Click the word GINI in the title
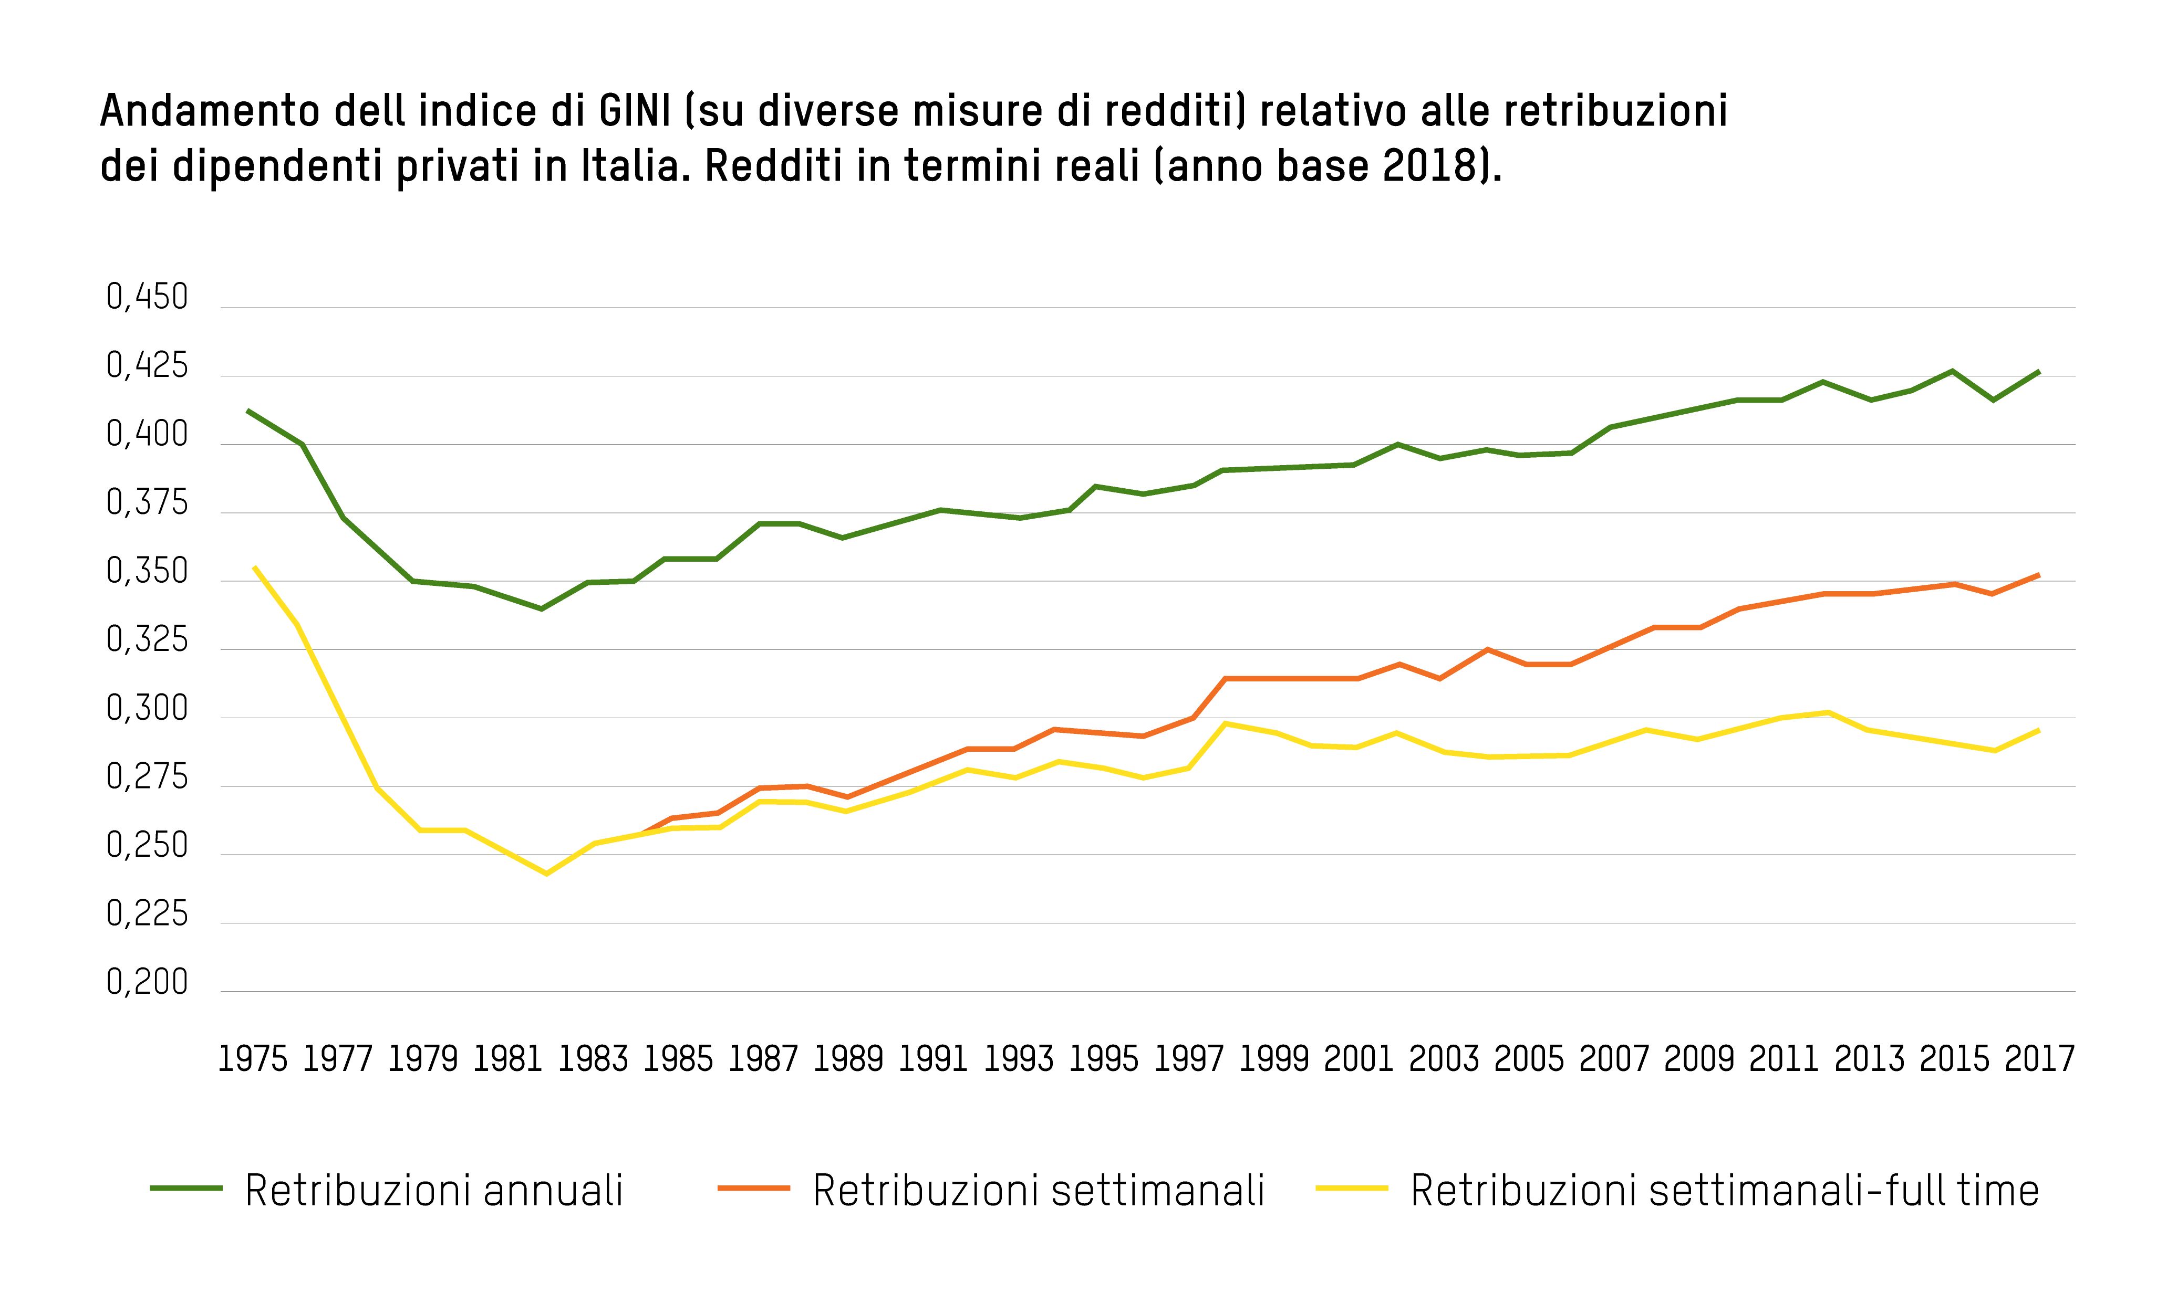(635, 111)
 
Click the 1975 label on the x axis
(252, 1059)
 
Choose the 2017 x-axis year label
(2039, 1059)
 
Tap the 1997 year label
(1188, 1059)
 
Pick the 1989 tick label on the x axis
(848, 1059)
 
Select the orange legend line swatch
(754, 1189)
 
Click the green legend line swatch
(186, 1189)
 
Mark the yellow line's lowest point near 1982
(546, 873)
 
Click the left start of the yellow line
(255, 567)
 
